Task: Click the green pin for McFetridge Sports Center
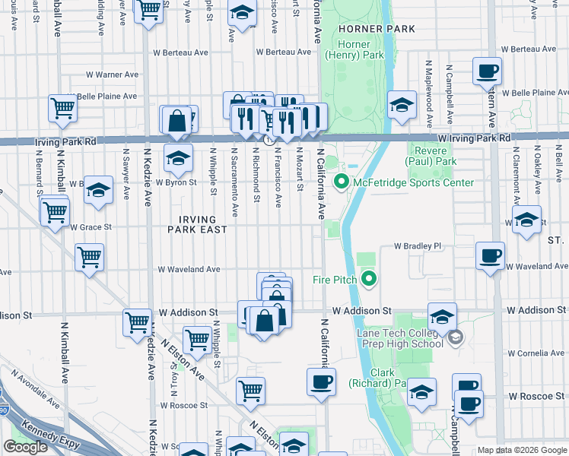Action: coord(342,182)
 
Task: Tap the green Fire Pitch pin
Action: coord(369,280)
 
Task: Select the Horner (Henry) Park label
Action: coord(353,49)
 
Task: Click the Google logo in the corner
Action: coord(25,447)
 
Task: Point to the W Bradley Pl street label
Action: coord(417,246)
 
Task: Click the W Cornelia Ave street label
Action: coord(536,353)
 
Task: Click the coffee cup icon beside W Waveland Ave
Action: coord(490,255)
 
